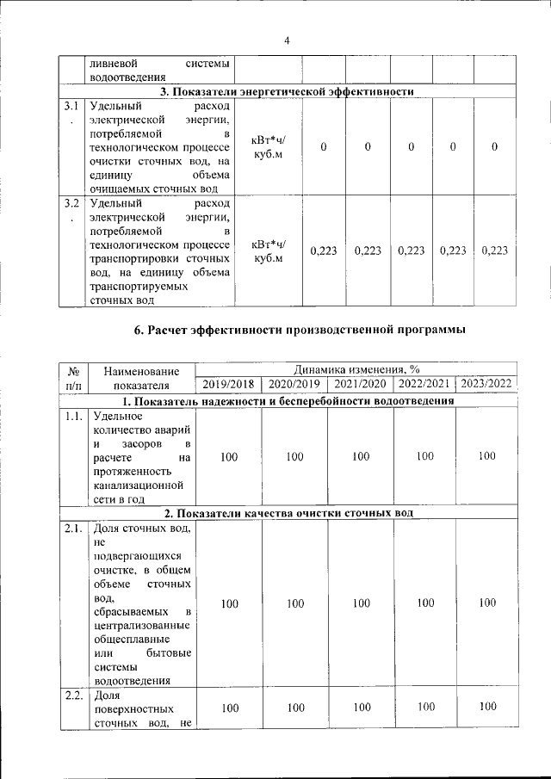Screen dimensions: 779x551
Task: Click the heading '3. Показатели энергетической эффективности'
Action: point(288,92)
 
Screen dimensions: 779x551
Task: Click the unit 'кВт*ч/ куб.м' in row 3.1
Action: point(269,147)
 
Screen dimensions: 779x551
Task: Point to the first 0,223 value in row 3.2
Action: point(323,250)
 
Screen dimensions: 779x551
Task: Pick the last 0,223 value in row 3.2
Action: point(495,250)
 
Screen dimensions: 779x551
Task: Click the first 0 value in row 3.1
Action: point(323,147)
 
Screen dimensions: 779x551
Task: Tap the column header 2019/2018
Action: point(229,384)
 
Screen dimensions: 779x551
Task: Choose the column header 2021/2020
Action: point(361,384)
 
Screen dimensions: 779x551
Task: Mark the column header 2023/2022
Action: point(486,383)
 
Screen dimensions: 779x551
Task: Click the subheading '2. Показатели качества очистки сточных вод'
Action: point(288,514)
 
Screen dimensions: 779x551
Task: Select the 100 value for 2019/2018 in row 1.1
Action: point(229,457)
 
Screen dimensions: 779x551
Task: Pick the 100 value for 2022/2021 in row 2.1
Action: point(425,603)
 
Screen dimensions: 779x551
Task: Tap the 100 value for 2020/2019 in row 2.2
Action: point(295,708)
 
